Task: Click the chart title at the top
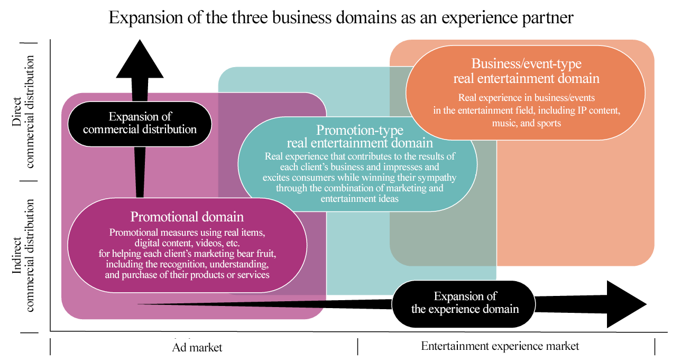click(341, 17)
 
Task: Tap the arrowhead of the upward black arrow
click(140, 59)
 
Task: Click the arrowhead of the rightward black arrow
click(627, 304)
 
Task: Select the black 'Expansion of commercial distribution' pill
click(140, 124)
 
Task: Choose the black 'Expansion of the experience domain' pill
click(464, 303)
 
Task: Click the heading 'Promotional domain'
click(187, 217)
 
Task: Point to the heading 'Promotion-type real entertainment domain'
click(360, 136)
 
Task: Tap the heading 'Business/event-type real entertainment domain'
click(526, 71)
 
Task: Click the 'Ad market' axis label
click(197, 347)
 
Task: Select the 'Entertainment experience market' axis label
click(500, 346)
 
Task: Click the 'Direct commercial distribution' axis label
click(23, 112)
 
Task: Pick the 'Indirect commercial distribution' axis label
click(23, 255)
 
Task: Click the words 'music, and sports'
click(526, 123)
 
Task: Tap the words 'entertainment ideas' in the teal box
click(360, 199)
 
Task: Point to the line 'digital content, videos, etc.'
click(187, 243)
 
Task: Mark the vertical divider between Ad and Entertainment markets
click(357, 347)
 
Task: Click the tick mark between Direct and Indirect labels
click(29, 181)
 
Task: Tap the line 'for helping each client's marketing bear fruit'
click(187, 254)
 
